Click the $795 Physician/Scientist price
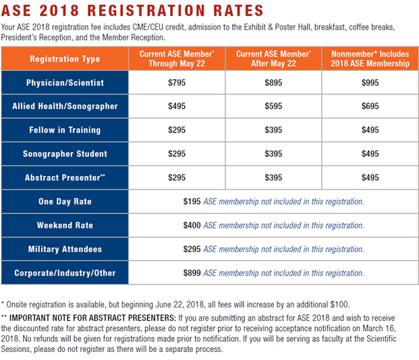(x=177, y=82)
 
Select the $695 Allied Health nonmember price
(x=370, y=106)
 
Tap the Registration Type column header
(x=65, y=59)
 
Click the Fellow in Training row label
(x=65, y=130)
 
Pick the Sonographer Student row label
(x=65, y=154)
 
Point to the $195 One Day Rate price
(x=192, y=202)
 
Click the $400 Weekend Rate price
(x=192, y=225)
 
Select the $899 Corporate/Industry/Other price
(x=192, y=273)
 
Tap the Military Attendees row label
(x=65, y=249)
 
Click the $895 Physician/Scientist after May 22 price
(x=273, y=82)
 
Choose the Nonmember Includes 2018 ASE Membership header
(x=370, y=59)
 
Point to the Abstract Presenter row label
(x=65, y=177)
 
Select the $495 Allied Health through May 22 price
(x=177, y=106)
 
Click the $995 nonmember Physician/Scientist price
(x=370, y=82)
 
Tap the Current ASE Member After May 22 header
(x=273, y=59)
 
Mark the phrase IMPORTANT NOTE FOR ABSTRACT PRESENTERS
(x=92, y=318)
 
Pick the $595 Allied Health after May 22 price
(x=273, y=106)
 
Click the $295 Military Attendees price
(x=192, y=249)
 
